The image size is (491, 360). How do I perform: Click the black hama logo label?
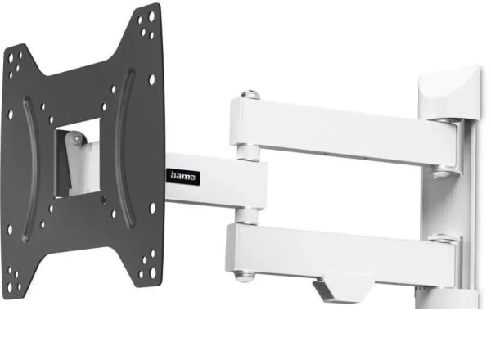click(182, 177)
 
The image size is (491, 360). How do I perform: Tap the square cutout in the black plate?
click(78, 158)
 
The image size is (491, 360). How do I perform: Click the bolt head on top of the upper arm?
click(250, 95)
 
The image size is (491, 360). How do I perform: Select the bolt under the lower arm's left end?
click(244, 276)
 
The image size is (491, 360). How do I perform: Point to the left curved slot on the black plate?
click(30, 169)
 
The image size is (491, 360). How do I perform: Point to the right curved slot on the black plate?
click(124, 148)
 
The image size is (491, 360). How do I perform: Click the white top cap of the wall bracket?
click(449, 93)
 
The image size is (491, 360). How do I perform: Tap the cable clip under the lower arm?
click(343, 289)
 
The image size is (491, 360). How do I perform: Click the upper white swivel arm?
click(345, 132)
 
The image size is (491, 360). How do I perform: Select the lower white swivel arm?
click(341, 254)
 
